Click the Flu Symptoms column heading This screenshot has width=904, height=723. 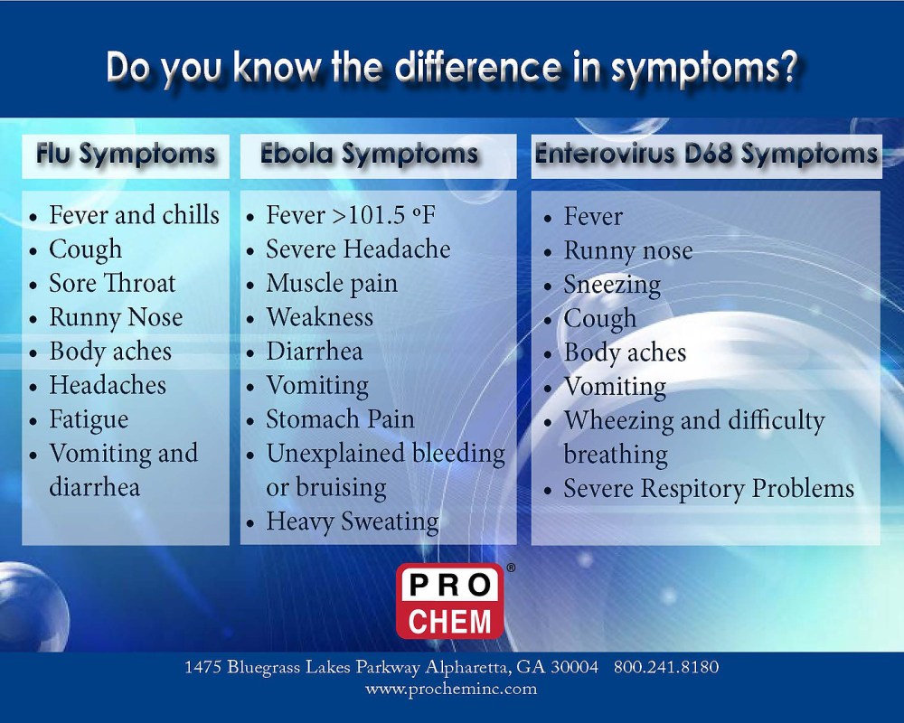(126, 155)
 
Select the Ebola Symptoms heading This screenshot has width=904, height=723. (369, 155)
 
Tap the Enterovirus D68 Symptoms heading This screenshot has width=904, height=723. (706, 155)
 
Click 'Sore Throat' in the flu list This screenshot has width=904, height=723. (112, 283)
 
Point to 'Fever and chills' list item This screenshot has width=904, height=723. (135, 215)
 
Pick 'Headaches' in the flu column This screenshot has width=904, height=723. (108, 385)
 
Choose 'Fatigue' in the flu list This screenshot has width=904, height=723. (89, 420)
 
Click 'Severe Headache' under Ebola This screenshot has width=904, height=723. (358, 249)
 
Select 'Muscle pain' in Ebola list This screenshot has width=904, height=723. (332, 284)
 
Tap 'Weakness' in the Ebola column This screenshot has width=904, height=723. (320, 317)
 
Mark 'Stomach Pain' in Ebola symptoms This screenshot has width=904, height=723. (340, 419)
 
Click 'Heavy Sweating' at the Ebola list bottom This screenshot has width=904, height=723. (353, 522)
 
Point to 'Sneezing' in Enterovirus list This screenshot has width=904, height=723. (612, 286)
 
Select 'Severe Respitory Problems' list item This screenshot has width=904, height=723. (709, 489)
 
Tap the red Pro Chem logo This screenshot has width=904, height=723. (449, 602)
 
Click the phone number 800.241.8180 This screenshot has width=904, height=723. (666, 667)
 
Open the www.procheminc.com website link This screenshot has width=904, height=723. (451, 689)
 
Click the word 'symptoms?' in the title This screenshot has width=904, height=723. (704, 68)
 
